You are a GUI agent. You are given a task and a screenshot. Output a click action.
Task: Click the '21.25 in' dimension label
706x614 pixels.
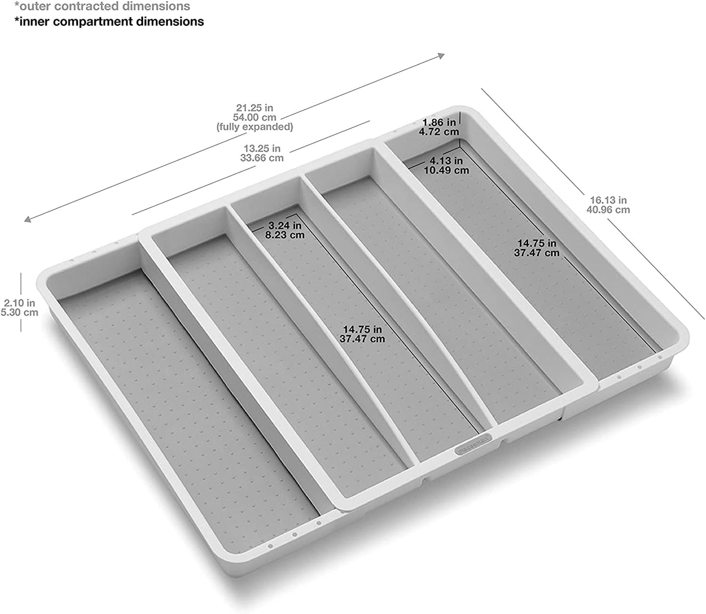click(255, 108)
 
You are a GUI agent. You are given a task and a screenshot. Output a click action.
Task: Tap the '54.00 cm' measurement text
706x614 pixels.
click(255, 117)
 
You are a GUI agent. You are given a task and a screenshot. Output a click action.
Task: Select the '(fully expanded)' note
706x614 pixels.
click(255, 127)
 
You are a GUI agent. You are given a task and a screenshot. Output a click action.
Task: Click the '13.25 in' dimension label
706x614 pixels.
click(262, 148)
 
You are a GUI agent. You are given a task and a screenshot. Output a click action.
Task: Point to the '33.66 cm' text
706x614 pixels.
click(262, 158)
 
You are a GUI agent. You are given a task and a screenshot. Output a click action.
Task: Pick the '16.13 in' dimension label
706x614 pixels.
click(608, 200)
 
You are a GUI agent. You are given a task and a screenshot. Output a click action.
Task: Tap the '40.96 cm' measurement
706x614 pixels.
click(608, 210)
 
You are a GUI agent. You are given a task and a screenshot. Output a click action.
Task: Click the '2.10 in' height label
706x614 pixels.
click(20, 303)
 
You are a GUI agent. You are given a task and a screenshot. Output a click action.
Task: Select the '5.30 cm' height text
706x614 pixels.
click(20, 313)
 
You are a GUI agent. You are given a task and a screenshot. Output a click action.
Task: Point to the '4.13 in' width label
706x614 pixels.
click(446, 160)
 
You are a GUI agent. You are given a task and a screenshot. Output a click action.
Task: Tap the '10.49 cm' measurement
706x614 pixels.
click(446, 170)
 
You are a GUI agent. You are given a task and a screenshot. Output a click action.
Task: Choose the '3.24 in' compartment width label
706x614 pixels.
click(284, 225)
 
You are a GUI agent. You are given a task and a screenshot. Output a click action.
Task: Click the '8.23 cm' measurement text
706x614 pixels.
click(284, 235)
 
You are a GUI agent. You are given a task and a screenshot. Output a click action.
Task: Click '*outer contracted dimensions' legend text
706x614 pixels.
click(102, 7)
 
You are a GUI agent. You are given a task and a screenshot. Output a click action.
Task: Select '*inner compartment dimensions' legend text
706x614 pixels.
click(109, 22)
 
